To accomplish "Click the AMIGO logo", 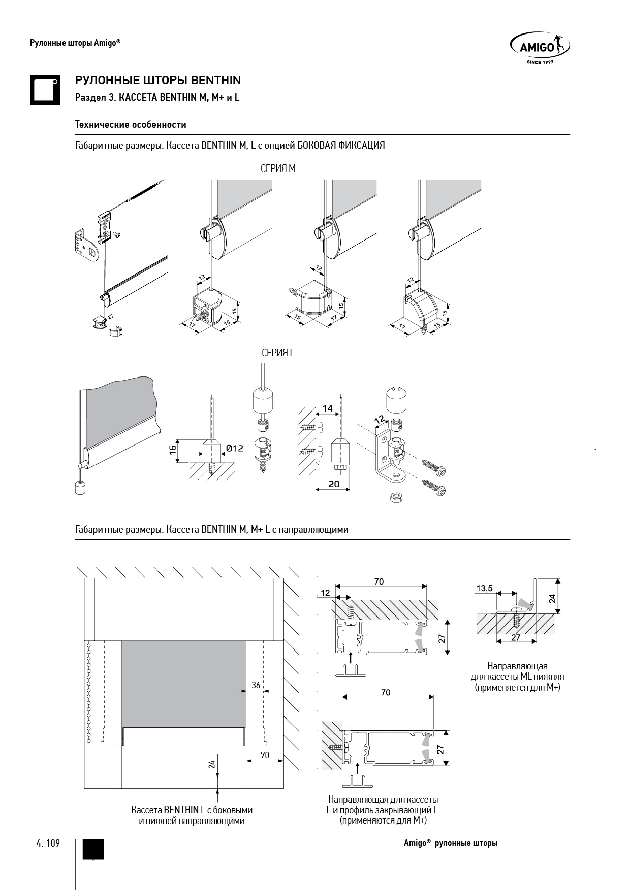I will point(539,48).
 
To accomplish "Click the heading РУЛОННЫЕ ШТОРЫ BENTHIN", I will point(158,80).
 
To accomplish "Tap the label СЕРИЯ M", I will point(277,168).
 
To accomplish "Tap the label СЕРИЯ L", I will point(277,353).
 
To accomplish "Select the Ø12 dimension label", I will point(235,448).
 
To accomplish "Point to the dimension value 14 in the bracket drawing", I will point(328,408).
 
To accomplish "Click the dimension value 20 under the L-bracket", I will point(334,484).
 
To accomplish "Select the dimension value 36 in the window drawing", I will point(256,685).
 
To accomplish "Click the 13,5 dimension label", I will point(484,589).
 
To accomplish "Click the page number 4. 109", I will point(48,843).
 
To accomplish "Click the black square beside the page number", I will point(93,849).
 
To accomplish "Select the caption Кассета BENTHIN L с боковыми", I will point(192,810).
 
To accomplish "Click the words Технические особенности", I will point(131,124).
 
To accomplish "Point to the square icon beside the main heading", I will point(45,90).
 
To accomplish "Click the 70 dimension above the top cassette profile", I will point(379,581).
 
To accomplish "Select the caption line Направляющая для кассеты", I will point(383,799).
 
